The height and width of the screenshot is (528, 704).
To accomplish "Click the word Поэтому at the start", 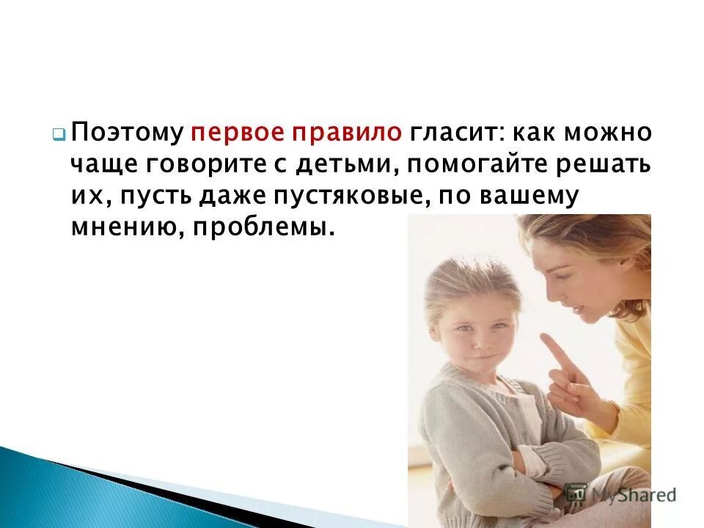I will [x=128, y=133].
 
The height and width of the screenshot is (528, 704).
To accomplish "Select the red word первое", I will [x=230, y=133].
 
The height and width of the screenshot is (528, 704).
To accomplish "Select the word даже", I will [x=224, y=197].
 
